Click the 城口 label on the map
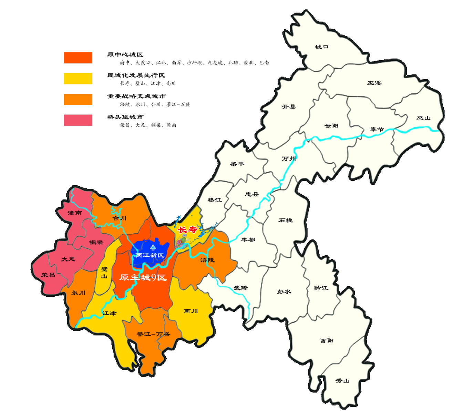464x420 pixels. [x=322, y=47]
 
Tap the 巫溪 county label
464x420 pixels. [x=374, y=83]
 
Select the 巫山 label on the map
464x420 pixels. [x=423, y=118]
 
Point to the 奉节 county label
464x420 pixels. [x=377, y=129]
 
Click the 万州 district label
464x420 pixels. [x=289, y=158]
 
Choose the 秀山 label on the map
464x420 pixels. [x=342, y=381]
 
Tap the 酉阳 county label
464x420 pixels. [x=327, y=340]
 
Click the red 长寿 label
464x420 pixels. [x=188, y=229]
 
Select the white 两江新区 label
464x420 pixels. [x=150, y=255]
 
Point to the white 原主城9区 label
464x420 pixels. [x=143, y=277]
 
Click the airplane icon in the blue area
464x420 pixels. [x=153, y=247]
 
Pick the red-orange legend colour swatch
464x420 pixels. [x=78, y=58]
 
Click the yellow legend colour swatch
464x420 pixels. [x=78, y=79]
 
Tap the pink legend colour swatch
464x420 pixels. [x=78, y=120]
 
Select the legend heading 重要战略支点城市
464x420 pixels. [x=136, y=96]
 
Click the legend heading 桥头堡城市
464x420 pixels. [x=125, y=117]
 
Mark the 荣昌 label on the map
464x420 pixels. [x=48, y=275]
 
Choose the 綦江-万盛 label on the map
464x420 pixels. [x=153, y=334]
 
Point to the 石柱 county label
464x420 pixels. [x=286, y=220]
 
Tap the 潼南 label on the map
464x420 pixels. [x=75, y=213]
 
